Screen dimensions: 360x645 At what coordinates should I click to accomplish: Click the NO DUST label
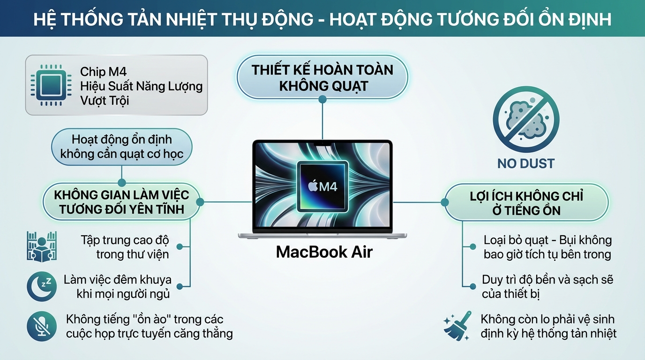(x=525, y=164)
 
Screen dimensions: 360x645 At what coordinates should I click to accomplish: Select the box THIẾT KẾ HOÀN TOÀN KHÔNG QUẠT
(x=322, y=78)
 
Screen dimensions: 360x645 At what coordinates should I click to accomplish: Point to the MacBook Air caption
(x=324, y=252)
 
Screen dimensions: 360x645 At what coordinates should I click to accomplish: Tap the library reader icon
(x=42, y=246)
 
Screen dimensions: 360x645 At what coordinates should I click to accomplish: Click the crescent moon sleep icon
(x=42, y=286)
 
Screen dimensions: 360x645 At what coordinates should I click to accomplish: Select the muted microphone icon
(x=42, y=326)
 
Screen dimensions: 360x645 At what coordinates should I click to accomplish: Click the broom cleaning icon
(x=458, y=326)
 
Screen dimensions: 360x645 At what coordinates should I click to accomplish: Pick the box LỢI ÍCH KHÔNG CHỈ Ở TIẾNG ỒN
(x=526, y=202)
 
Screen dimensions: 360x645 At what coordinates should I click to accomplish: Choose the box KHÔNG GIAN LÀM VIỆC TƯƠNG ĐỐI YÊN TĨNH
(x=121, y=202)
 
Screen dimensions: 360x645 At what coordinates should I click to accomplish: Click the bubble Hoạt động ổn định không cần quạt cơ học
(x=122, y=146)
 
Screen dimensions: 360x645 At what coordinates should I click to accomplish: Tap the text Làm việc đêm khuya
(x=117, y=280)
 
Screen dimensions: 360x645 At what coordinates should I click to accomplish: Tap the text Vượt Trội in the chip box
(x=104, y=100)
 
